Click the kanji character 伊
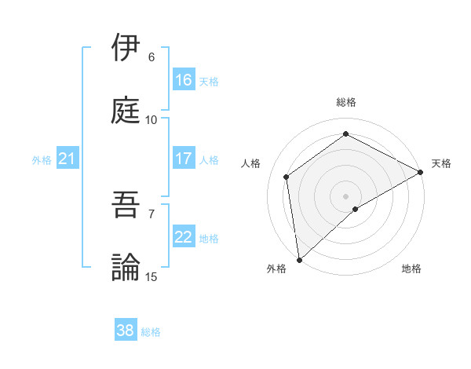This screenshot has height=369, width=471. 126,48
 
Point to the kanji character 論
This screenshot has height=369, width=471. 126,267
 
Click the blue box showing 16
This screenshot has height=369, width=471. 184,80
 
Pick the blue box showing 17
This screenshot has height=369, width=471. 184,159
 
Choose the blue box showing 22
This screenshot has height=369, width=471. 184,237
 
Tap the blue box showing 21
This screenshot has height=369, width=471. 67,159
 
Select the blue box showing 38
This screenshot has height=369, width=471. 126,331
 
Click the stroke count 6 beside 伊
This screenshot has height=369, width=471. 152,57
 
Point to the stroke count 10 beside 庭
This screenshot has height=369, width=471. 152,120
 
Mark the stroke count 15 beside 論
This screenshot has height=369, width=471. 152,277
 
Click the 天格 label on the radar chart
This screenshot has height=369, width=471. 441,163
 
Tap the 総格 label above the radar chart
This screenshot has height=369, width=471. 346,102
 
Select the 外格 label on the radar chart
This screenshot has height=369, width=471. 276,269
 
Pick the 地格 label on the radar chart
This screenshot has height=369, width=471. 411,269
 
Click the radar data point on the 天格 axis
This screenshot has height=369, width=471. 421,172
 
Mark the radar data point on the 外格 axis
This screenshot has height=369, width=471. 299,259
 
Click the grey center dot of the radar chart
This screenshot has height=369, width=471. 346,195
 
